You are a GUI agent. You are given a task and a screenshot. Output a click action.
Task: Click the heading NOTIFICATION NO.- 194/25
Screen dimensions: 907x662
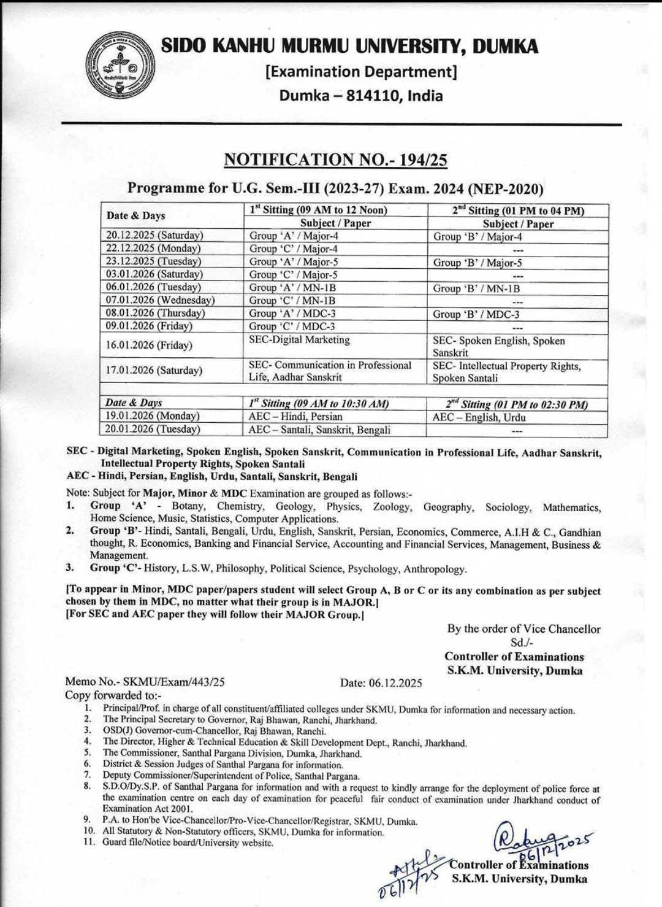point(335,160)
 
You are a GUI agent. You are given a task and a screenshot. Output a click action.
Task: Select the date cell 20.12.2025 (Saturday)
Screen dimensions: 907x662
point(154,236)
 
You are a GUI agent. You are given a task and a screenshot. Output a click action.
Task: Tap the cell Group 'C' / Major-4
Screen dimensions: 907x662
point(293,249)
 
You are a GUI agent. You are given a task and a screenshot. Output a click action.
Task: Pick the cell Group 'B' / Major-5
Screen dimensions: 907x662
point(477,263)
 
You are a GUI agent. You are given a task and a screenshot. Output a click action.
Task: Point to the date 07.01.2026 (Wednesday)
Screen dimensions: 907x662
point(160,300)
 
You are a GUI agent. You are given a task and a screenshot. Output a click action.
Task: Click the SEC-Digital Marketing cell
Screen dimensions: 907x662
point(299,340)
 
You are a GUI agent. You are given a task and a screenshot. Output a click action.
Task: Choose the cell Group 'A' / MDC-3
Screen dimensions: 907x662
point(292,314)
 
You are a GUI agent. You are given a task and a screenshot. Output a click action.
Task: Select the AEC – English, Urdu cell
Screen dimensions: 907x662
point(479,417)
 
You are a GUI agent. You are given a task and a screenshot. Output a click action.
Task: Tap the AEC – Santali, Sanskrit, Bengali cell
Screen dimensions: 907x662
point(319,430)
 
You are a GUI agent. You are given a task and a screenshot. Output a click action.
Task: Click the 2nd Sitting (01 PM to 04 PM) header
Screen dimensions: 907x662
point(518,210)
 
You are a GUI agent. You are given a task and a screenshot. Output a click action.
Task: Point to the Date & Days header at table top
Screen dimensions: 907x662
point(135,216)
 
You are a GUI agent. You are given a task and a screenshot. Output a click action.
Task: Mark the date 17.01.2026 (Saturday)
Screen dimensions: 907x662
point(154,371)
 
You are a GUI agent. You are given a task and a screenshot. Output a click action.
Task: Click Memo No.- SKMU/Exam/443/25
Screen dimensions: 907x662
point(145,682)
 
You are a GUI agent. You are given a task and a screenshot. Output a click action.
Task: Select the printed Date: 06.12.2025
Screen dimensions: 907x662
point(381,682)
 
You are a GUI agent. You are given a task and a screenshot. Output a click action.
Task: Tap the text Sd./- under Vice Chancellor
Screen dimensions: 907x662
point(522,643)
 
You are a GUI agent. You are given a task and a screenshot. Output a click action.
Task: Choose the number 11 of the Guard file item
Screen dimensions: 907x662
point(88,843)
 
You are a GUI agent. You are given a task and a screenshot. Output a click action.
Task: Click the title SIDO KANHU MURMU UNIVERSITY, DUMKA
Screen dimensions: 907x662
point(350,46)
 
